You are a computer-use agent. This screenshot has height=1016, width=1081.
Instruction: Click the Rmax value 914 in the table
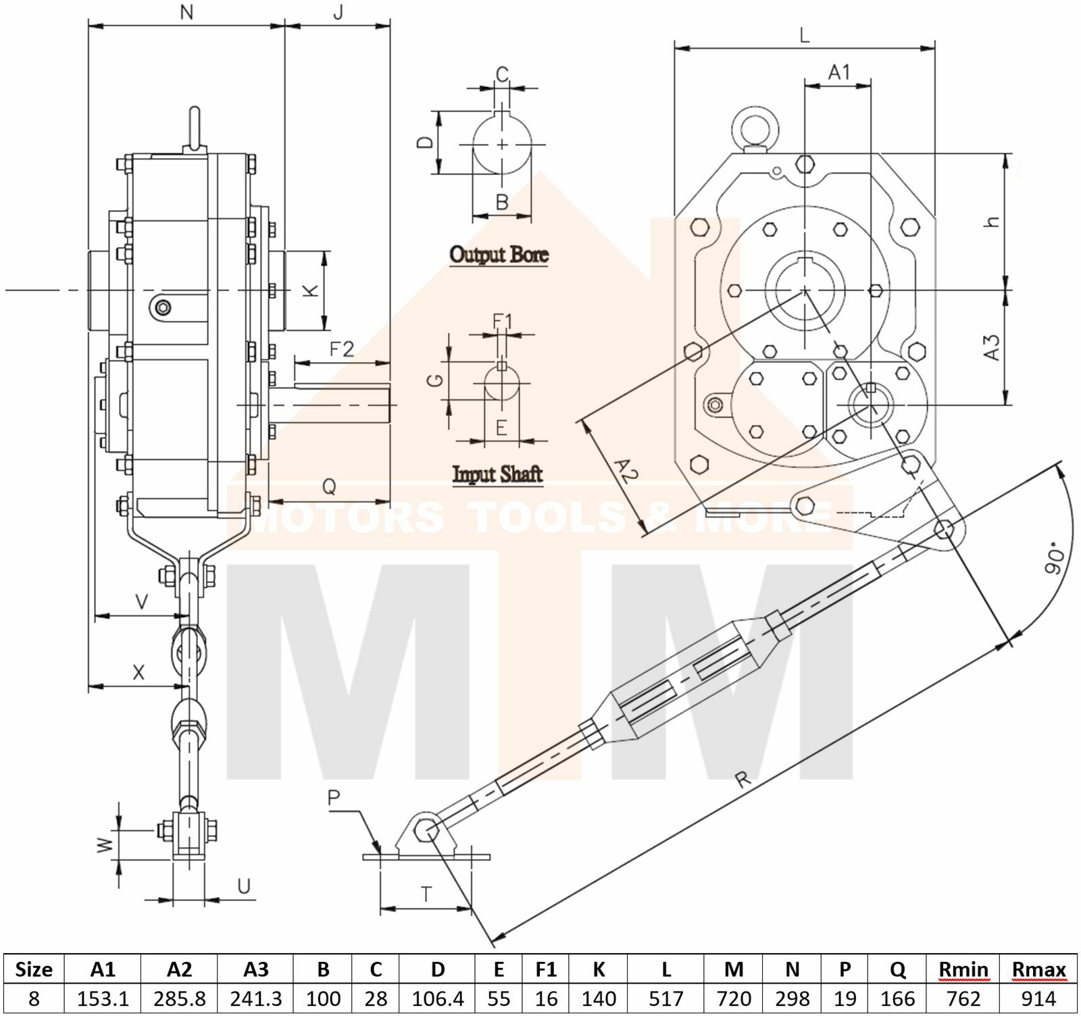click(1038, 998)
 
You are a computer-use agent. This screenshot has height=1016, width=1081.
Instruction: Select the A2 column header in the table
click(179, 970)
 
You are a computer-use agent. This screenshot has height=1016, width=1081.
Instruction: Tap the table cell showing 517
click(665, 998)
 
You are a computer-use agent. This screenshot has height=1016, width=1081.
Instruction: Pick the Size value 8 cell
click(34, 998)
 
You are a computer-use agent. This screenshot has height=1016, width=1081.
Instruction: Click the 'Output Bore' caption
click(499, 255)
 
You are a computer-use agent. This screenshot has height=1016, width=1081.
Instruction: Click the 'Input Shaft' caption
click(497, 474)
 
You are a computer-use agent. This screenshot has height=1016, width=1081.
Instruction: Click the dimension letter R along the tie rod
click(742, 780)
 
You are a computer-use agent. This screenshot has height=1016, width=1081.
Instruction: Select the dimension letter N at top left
click(187, 12)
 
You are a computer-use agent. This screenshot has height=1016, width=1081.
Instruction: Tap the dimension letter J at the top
click(338, 12)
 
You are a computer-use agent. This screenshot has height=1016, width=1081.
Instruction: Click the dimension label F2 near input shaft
click(342, 349)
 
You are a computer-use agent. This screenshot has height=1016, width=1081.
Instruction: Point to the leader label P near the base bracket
click(334, 798)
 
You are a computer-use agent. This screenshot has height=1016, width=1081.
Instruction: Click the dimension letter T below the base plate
click(426, 894)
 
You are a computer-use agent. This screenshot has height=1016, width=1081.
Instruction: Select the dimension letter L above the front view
click(804, 35)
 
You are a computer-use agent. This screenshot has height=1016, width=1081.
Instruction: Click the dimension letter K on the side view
click(309, 290)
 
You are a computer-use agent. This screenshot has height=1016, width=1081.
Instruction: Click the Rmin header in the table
click(963, 970)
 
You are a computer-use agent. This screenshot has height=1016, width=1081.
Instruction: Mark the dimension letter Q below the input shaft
click(329, 486)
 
